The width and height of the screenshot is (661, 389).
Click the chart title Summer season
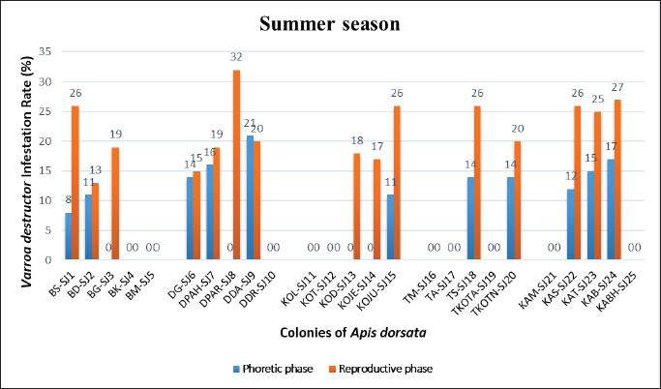(x=331, y=21)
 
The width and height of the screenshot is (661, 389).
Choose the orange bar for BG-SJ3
(x=115, y=198)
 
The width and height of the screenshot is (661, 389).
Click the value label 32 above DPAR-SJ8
(x=236, y=56)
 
